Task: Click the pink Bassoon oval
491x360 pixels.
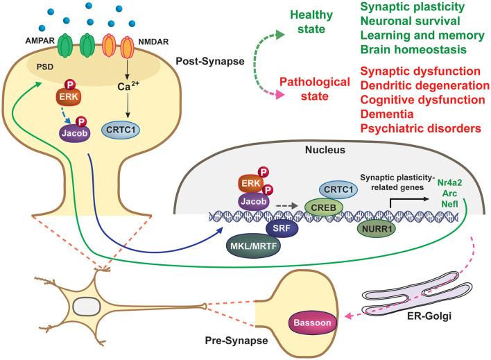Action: [x=312, y=323]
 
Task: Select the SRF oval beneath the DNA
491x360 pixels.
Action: [x=282, y=228]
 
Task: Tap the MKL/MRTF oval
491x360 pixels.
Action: [x=254, y=246]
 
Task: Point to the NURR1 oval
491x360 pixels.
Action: [x=377, y=229]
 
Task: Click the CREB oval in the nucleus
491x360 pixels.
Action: [x=323, y=207]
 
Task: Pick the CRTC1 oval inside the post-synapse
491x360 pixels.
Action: [x=121, y=130]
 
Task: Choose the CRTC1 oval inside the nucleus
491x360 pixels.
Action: [x=338, y=190]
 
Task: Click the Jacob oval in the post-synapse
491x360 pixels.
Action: [x=74, y=133]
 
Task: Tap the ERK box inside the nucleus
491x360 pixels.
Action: [x=251, y=184]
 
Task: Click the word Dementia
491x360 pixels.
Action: [x=387, y=114]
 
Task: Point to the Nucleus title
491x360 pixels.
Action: [x=325, y=150]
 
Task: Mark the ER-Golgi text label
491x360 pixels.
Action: [x=429, y=316]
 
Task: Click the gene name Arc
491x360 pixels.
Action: [x=449, y=194]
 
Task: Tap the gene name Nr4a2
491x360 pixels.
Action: [x=449, y=182]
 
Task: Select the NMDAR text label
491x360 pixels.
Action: [x=153, y=42]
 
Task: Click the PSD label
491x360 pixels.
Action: [x=45, y=67]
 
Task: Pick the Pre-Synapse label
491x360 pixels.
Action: [x=236, y=341]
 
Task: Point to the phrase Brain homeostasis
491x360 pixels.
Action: [x=413, y=49]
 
